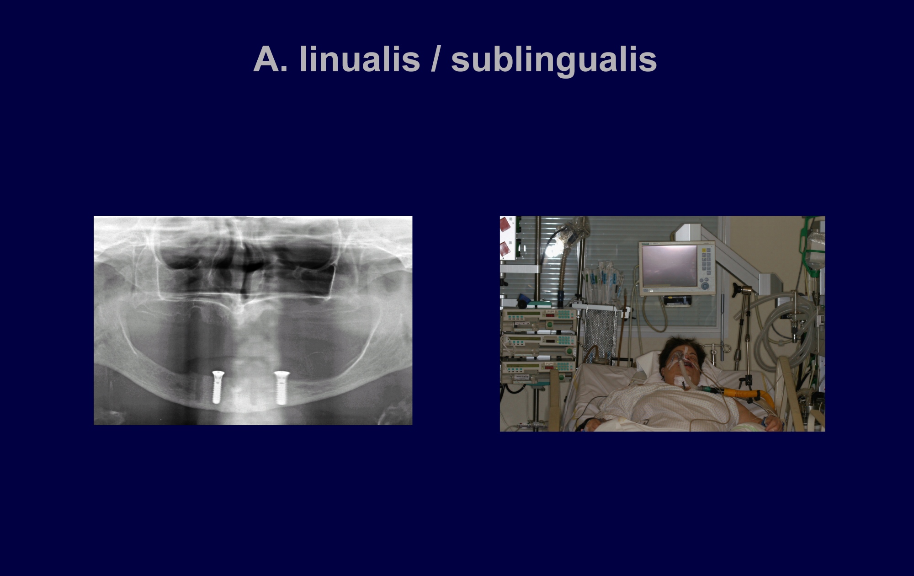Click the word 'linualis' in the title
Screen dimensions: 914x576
tap(360, 59)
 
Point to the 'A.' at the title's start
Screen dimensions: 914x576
tap(271, 59)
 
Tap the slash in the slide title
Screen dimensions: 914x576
tap(436, 59)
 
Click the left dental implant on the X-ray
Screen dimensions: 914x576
tap(218, 387)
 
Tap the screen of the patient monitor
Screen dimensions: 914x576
tap(670, 266)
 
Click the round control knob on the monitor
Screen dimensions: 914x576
tap(706, 286)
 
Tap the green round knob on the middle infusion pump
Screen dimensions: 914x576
tap(569, 351)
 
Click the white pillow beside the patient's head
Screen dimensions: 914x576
tap(649, 363)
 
